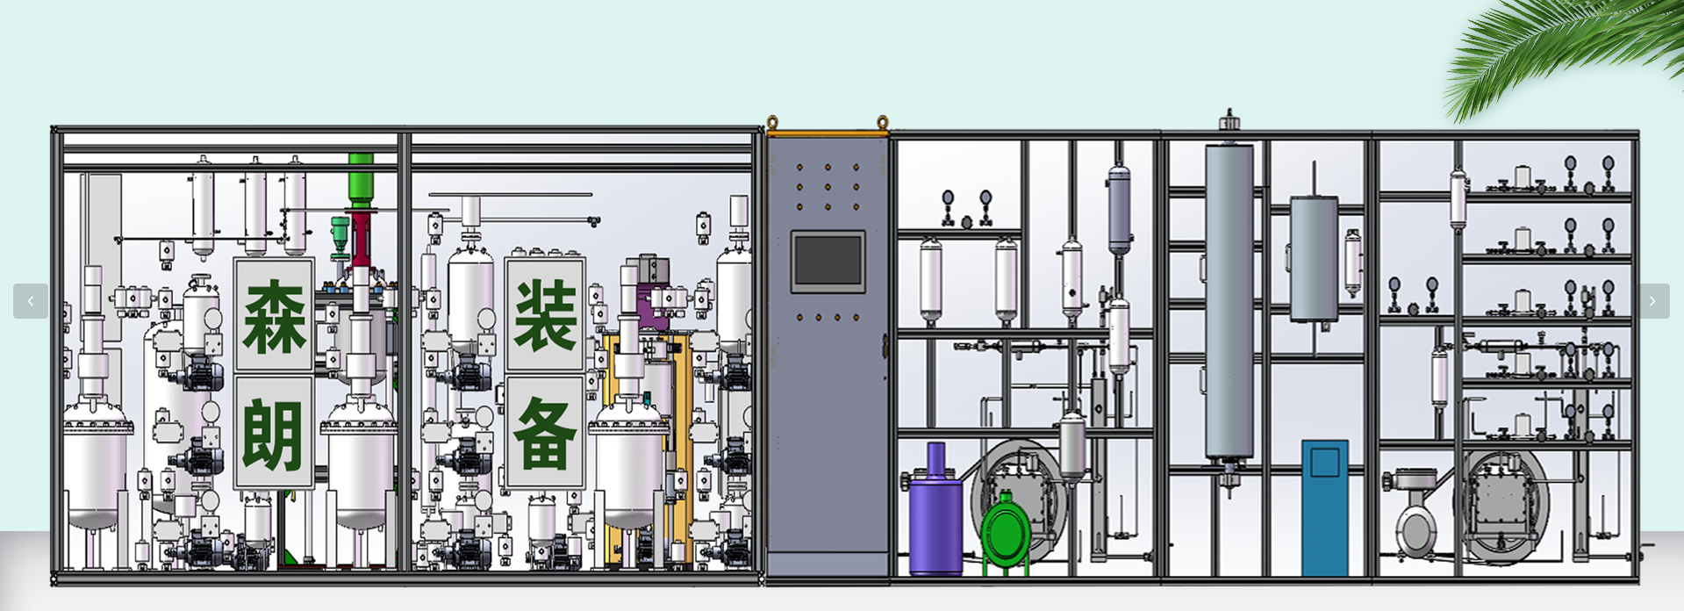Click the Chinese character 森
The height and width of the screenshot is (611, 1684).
[x=274, y=316]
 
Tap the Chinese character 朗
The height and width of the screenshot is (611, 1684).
[x=274, y=435]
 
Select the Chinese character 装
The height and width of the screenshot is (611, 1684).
[x=545, y=316]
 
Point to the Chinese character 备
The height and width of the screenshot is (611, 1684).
[x=545, y=433]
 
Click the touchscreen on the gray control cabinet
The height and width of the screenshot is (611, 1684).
[x=828, y=261]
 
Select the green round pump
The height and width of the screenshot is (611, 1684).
[x=1006, y=530]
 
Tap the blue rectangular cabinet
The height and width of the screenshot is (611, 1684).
[x=1324, y=507]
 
